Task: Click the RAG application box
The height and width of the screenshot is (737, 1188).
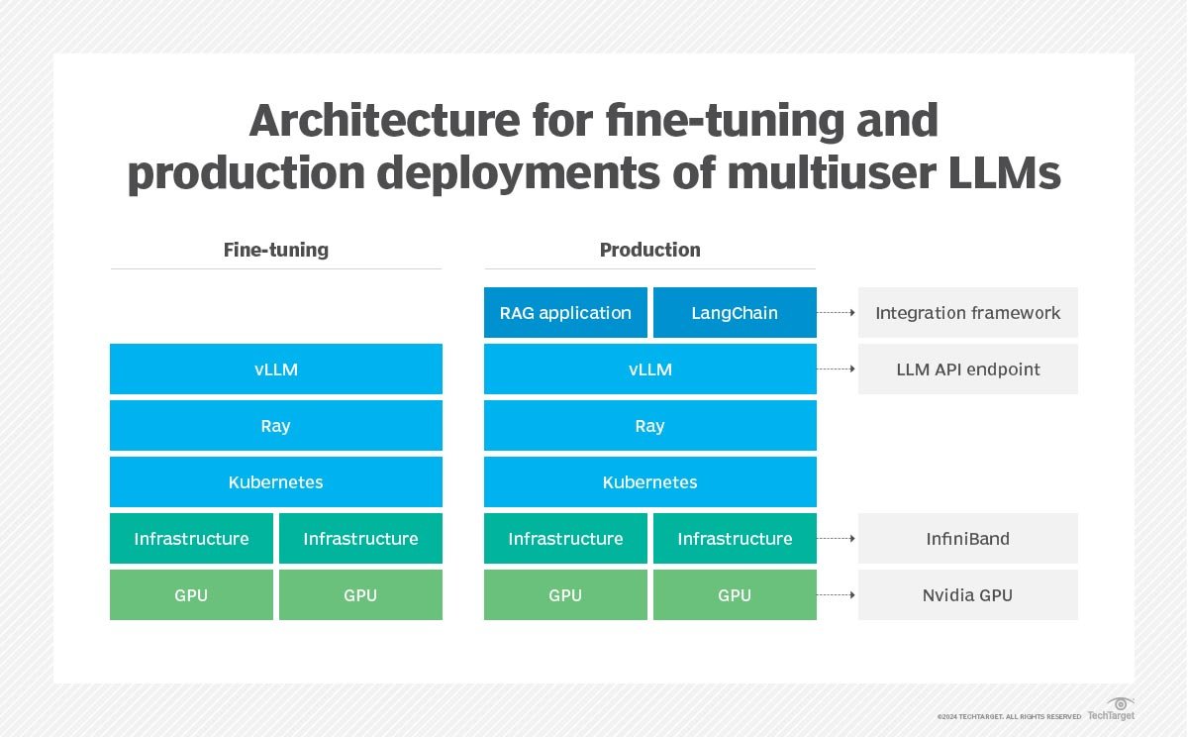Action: [565, 313]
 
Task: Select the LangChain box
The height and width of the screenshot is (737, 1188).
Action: [735, 313]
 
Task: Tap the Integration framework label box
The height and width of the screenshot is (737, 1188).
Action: [967, 313]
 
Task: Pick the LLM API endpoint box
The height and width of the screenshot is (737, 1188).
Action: [967, 369]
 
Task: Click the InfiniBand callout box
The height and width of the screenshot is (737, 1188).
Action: [967, 539]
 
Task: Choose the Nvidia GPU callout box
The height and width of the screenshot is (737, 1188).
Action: [967, 595]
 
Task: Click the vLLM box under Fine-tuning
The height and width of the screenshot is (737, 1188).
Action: [275, 369]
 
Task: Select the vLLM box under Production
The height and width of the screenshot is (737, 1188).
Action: [649, 369]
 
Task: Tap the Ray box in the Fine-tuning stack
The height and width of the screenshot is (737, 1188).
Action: [275, 426]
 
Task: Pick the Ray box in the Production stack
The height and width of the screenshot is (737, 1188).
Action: [649, 426]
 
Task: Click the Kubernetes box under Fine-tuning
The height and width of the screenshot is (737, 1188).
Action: [275, 482]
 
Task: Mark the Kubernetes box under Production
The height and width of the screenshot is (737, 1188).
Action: [649, 482]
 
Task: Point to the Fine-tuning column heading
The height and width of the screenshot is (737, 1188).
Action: [275, 250]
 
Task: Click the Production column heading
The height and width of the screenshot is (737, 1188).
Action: [649, 250]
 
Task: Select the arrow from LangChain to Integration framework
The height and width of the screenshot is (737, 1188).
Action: [837, 313]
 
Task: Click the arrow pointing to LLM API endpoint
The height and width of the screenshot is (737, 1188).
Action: [837, 369]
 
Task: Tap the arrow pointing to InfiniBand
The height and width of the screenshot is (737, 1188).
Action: [837, 539]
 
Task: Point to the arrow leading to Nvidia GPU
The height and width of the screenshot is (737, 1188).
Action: [837, 595]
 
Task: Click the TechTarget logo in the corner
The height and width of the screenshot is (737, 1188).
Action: [1112, 710]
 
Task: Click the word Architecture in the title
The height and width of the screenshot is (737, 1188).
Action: [383, 122]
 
